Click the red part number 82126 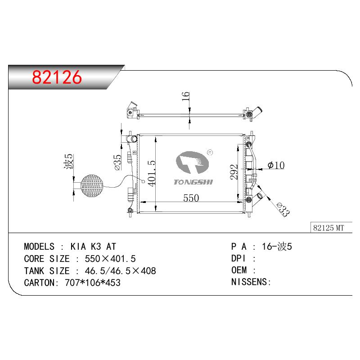[57, 77]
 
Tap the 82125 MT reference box [331, 228]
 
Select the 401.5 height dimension [152, 173]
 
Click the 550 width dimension [191, 198]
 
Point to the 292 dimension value [234, 172]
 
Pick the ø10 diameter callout [276, 165]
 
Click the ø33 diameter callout [283, 209]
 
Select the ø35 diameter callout [118, 162]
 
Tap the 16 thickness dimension [185, 96]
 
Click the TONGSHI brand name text [193, 182]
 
